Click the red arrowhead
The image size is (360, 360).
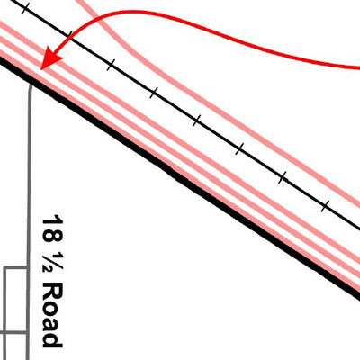(x=50, y=59)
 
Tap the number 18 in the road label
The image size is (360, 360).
(x=53, y=229)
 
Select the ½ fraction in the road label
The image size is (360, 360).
(x=53, y=264)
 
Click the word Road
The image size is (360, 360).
(x=52, y=316)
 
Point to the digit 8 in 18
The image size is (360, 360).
(x=53, y=236)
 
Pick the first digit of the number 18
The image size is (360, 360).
(x=53, y=220)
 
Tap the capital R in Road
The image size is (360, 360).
(x=53, y=292)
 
